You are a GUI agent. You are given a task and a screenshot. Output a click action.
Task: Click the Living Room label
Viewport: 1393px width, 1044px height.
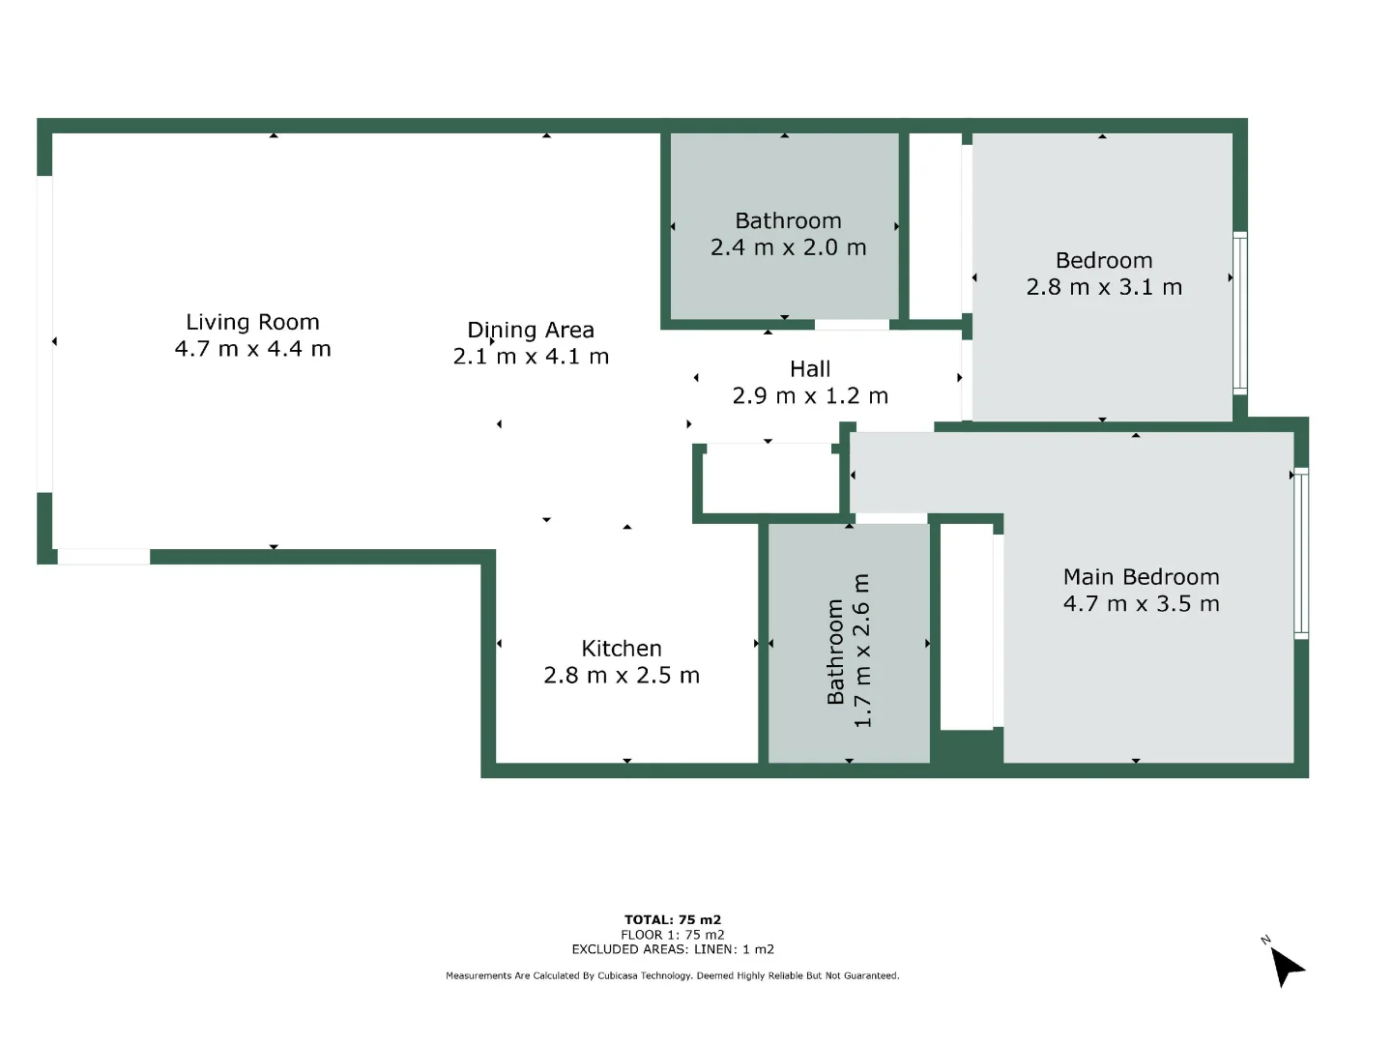252,322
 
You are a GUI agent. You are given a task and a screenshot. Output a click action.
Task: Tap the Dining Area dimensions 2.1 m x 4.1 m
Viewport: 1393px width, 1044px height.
531,357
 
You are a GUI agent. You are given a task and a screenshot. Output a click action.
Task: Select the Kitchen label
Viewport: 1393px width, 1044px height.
622,649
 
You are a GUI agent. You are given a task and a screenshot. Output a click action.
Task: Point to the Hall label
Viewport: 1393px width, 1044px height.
810,369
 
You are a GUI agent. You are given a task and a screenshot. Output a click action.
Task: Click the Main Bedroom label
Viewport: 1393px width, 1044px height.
1141,577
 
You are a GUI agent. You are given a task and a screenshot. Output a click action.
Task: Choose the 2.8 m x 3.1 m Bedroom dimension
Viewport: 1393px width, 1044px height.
1104,287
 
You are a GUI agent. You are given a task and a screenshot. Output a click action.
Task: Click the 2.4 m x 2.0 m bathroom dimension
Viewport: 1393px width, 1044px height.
788,247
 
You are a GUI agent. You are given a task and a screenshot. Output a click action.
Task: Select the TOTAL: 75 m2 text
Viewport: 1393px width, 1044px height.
673,919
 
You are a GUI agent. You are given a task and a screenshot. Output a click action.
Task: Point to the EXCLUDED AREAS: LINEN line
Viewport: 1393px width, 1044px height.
673,949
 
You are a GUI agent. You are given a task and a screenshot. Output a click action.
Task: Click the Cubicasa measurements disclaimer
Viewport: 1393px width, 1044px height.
673,975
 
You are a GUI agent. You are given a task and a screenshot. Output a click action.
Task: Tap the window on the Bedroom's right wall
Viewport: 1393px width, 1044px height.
1240,312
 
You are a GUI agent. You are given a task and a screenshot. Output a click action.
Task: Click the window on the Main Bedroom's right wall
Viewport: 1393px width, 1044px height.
1301,553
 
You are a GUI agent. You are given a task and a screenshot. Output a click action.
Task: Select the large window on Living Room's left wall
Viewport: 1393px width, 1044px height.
44,333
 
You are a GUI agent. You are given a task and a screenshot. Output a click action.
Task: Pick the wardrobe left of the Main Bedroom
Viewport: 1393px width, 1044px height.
967,627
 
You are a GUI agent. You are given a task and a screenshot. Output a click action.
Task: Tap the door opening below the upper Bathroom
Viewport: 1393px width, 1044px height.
852,325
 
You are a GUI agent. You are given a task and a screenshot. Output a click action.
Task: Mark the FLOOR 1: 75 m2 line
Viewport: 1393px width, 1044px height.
673,935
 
